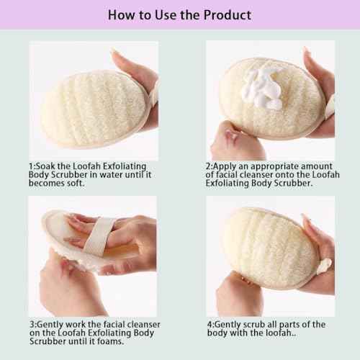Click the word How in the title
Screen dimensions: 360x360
coord(120,14)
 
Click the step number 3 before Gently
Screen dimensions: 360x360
coord(31,324)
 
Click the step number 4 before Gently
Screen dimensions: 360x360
coord(209,324)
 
